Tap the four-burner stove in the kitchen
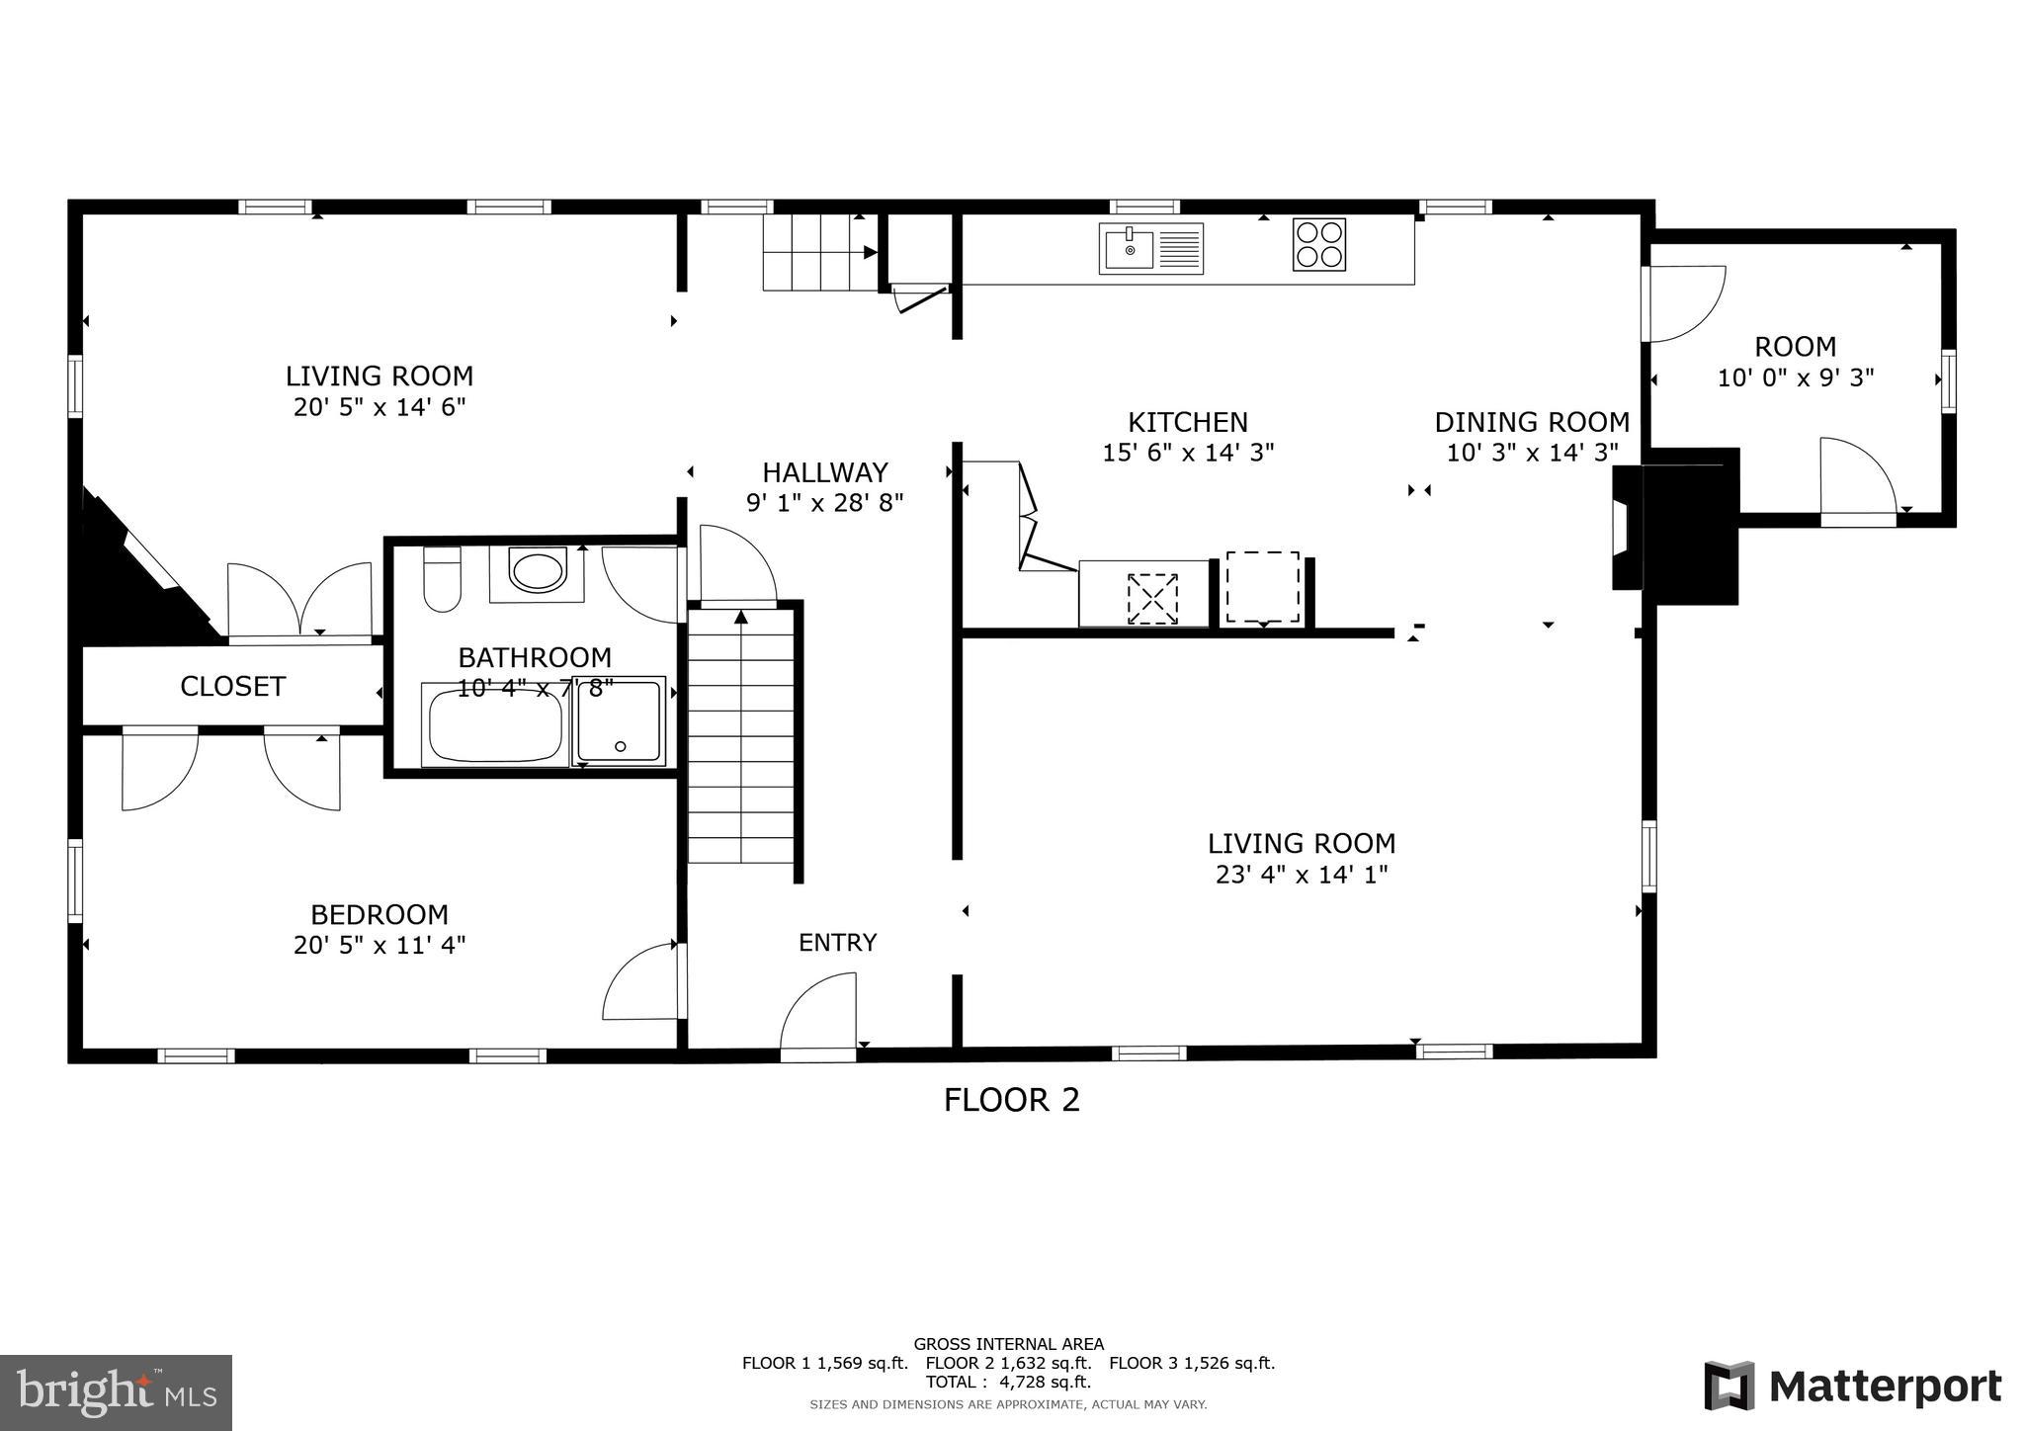1318,244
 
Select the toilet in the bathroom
442,580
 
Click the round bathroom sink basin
538,572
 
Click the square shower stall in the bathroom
620,721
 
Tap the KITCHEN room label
1188,422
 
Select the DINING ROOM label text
1531,422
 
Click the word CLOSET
232,686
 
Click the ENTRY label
837,943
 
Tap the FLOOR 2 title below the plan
1011,1100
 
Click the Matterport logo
1852,1387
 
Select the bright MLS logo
116,1392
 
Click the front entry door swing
819,1015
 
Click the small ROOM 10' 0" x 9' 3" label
1795,362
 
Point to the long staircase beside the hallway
741,736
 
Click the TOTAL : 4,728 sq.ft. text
1008,1382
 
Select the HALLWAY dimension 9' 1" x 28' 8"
824,503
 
